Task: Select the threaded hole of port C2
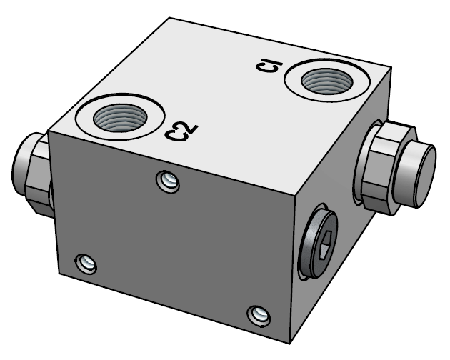pyautogui.click(x=119, y=116)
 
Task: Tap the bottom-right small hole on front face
pyautogui.click(x=258, y=314)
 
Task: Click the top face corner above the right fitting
pyautogui.click(x=391, y=70)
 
